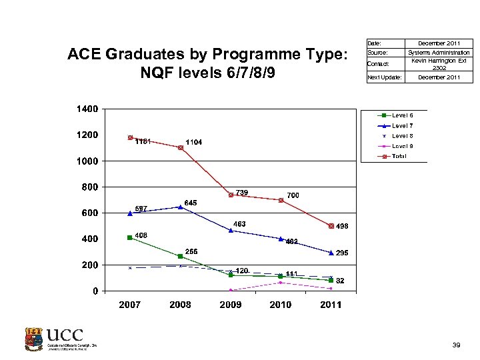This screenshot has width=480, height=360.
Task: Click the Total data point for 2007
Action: point(131,138)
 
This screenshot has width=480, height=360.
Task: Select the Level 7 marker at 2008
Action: point(180,207)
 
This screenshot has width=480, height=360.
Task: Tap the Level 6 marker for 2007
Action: point(131,237)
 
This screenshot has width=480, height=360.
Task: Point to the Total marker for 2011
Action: point(331,226)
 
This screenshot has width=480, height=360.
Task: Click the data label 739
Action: point(241,193)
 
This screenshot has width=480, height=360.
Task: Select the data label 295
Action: point(343,253)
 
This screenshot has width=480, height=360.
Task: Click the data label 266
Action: point(191,251)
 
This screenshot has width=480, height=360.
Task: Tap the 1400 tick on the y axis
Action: point(88,109)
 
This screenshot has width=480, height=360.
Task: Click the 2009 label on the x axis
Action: point(231,305)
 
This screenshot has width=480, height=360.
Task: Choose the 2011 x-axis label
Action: point(331,305)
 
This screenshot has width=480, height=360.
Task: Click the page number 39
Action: point(456,345)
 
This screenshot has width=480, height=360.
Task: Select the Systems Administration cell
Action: point(439,53)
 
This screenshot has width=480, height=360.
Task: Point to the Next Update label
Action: point(385,77)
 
